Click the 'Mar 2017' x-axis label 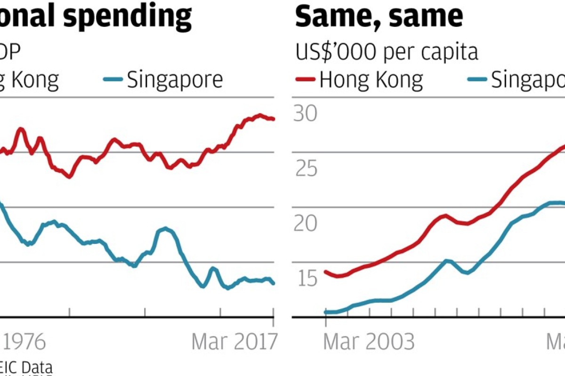click(x=234, y=342)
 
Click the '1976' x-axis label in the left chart click(x=24, y=342)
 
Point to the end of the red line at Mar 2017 click(x=274, y=119)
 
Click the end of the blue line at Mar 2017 click(x=274, y=283)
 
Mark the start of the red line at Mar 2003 click(x=325, y=272)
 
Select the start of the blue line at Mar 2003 click(x=325, y=312)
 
